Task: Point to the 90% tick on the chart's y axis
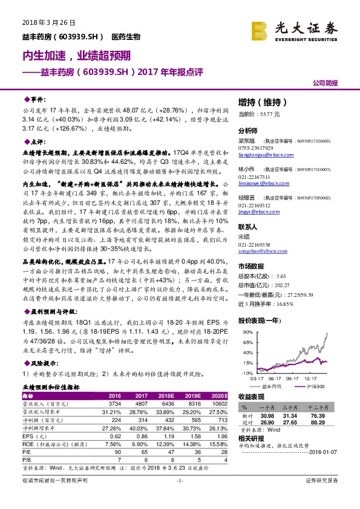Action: [246, 332]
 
